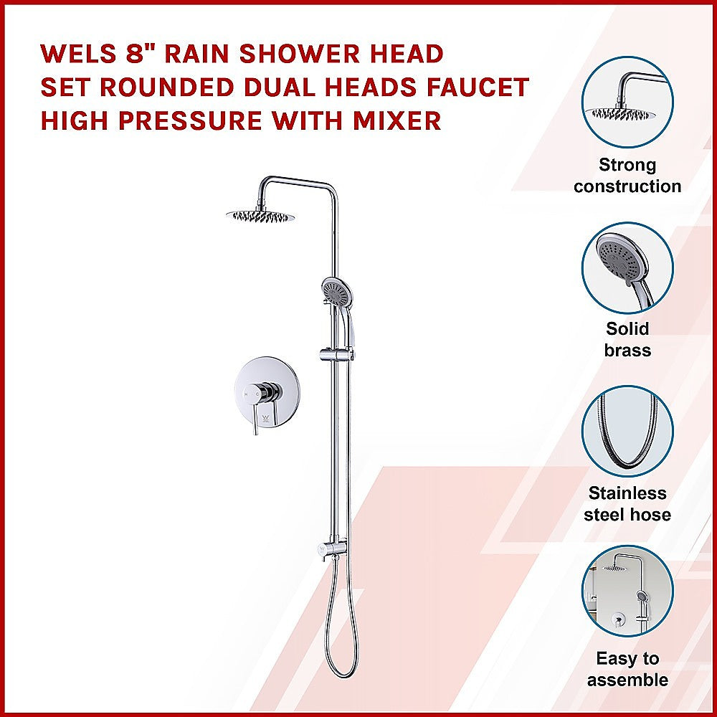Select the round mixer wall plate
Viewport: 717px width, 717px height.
click(x=258, y=394)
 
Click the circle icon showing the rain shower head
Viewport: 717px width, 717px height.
click(x=627, y=102)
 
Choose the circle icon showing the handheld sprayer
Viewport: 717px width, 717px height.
click(x=627, y=267)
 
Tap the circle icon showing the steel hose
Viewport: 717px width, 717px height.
click(x=627, y=432)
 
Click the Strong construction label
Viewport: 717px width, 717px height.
click(x=627, y=176)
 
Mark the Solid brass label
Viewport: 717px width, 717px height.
click(x=627, y=339)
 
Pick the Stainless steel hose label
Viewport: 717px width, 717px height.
click(x=627, y=504)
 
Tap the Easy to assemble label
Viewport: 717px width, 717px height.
click(x=627, y=669)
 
